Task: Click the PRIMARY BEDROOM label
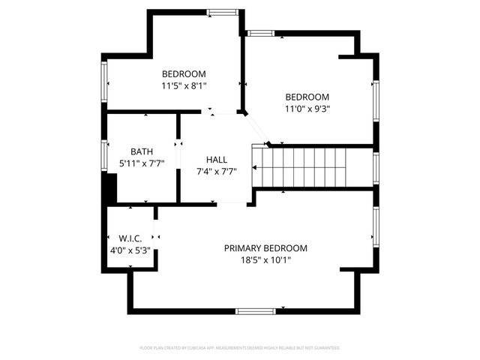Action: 265,248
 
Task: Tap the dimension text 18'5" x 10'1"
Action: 265,260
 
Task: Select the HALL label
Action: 217,160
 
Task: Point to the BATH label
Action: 142,151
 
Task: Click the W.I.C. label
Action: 130,238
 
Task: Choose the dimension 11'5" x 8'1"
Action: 184,85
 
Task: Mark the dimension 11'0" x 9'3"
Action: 307,108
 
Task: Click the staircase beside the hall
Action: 313,166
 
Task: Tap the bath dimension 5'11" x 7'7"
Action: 142,163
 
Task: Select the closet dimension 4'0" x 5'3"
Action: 130,250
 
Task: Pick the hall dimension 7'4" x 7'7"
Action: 217,172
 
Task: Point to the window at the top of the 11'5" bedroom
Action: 223,12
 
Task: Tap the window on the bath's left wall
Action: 104,155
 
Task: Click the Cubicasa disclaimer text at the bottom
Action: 240,348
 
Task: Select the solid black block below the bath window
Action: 109,188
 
